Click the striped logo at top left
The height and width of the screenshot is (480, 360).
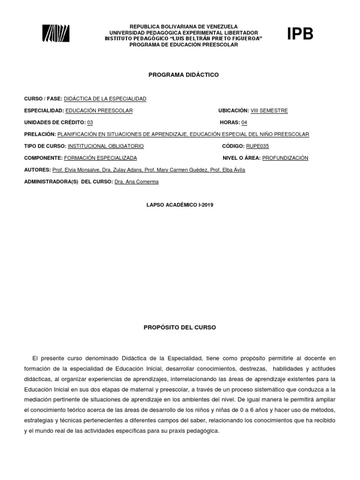pos(56,34)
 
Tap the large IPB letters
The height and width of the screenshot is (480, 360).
pos(300,34)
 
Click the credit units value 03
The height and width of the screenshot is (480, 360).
pos(90,122)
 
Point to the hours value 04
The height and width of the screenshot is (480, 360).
pos(244,122)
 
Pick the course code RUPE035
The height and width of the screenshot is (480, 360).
pos(258,146)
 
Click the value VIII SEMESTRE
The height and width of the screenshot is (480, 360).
pos(269,111)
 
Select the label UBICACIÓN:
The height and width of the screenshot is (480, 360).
pos(233,111)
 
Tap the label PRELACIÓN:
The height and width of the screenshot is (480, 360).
pos(40,135)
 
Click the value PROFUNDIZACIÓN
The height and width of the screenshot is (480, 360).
pos(285,158)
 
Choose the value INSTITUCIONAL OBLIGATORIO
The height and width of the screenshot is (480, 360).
pos(106,146)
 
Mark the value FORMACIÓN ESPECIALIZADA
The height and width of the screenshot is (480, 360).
pos(100,158)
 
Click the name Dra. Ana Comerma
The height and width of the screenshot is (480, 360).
pos(136,182)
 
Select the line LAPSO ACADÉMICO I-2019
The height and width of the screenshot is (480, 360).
pos(180,205)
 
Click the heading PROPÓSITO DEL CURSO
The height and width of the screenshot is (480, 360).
pos(180,328)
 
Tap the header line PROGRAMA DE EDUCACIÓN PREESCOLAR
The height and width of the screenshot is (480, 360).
pos(184,45)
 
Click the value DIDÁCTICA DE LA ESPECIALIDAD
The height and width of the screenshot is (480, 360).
pos(105,98)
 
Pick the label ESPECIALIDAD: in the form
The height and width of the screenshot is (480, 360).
pos(44,111)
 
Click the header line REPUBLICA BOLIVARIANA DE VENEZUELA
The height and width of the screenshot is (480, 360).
pos(184,27)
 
